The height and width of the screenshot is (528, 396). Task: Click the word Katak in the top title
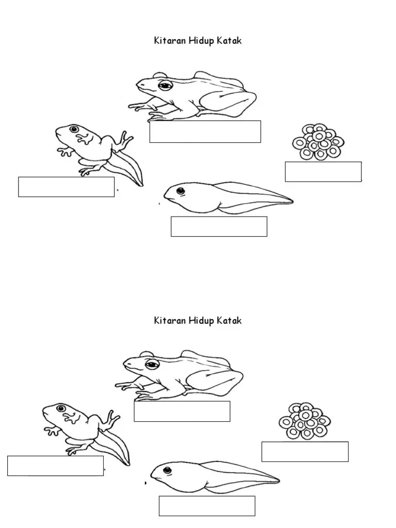[229, 41]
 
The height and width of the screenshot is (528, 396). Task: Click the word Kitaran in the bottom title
[170, 320]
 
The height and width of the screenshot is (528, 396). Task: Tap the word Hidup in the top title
[202, 41]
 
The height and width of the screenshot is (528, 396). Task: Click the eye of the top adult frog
[165, 85]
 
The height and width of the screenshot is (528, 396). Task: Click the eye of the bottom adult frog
[152, 364]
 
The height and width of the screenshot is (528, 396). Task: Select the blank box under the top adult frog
[205, 131]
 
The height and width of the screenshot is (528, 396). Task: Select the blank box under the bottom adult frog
[182, 411]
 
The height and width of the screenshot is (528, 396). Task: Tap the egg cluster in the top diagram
[318, 142]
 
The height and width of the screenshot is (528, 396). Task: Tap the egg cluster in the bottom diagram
[305, 421]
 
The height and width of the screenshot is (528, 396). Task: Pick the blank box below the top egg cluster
[323, 172]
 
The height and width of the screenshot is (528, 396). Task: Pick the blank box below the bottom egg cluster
[305, 452]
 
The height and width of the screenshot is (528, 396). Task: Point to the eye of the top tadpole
[181, 191]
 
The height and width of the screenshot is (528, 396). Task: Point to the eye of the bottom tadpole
[168, 470]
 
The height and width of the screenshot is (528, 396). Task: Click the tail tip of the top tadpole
[292, 202]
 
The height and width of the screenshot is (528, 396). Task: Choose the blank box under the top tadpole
[219, 227]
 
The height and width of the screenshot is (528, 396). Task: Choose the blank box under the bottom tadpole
[207, 506]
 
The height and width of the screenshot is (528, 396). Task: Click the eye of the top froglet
[74, 129]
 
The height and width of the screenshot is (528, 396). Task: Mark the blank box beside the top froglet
[67, 187]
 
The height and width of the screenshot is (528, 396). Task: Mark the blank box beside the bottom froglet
[56, 466]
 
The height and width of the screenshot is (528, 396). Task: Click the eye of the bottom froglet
[61, 408]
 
